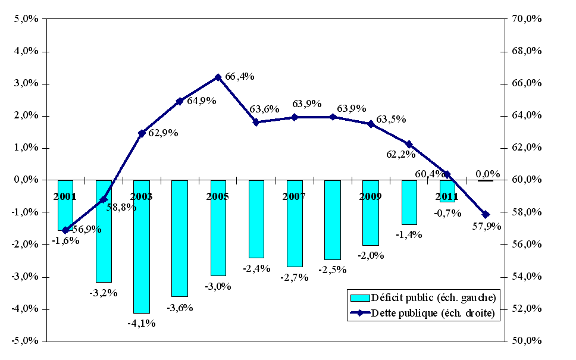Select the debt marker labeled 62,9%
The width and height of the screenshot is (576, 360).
pyautogui.click(x=142, y=133)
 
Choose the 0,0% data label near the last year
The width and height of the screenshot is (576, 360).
pyautogui.click(x=488, y=174)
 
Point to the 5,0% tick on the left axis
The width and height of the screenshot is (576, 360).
pyautogui.click(x=26, y=19)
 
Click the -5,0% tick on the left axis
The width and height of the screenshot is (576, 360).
pyautogui.click(x=25, y=341)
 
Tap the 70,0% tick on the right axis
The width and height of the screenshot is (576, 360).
pyautogui.click(x=527, y=19)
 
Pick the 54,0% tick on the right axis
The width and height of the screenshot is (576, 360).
pyautogui.click(x=527, y=277)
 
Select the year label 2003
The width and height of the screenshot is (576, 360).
pyautogui.click(x=141, y=196)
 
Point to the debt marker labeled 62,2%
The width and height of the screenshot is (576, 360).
pyautogui.click(x=409, y=144)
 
